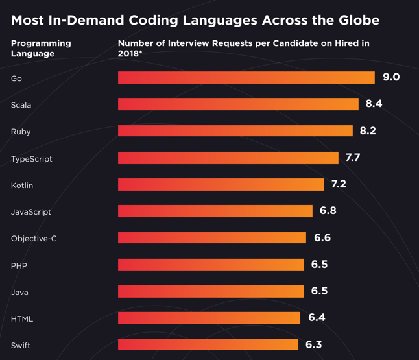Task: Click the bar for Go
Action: (x=246, y=78)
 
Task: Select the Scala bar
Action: (x=238, y=104)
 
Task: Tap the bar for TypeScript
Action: (x=228, y=158)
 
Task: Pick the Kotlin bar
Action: (x=221, y=185)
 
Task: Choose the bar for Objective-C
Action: (x=211, y=238)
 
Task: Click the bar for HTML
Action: (x=209, y=318)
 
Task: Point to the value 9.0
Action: (x=391, y=77)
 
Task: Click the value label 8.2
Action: (x=368, y=131)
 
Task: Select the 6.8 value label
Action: (x=328, y=211)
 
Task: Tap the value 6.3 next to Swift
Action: (x=313, y=344)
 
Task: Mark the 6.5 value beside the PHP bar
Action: (x=319, y=265)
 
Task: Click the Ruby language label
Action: (x=21, y=132)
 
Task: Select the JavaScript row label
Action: (x=31, y=212)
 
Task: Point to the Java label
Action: (x=19, y=292)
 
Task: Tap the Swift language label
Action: (x=21, y=345)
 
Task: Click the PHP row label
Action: (x=19, y=265)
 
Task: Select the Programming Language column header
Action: (x=41, y=49)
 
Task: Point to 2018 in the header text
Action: (x=128, y=53)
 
